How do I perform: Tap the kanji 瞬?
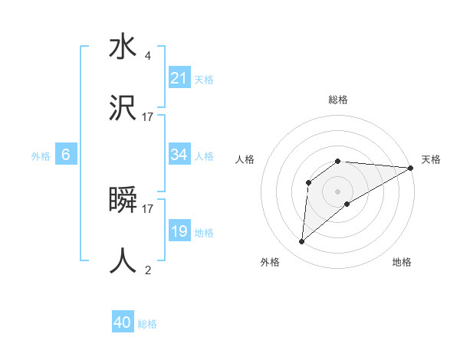click(x=123, y=201)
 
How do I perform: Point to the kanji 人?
click(x=123, y=260)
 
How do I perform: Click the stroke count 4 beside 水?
click(x=147, y=56)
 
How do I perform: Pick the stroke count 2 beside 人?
click(x=147, y=270)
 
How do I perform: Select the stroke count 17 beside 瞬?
click(x=148, y=208)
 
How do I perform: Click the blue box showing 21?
click(x=179, y=78)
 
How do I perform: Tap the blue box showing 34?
click(x=179, y=155)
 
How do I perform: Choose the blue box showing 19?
click(x=179, y=231)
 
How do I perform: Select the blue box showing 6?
click(x=66, y=155)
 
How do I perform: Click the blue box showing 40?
click(x=123, y=322)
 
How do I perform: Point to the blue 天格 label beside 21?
click(x=204, y=79)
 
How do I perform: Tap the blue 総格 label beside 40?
click(x=147, y=324)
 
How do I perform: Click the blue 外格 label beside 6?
click(x=41, y=156)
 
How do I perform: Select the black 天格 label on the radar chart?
click(x=431, y=159)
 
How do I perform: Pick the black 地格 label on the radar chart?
click(x=402, y=262)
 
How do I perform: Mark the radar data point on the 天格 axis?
click(x=410, y=168)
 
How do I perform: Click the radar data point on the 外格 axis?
click(x=301, y=242)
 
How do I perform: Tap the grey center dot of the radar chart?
click(x=337, y=191)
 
